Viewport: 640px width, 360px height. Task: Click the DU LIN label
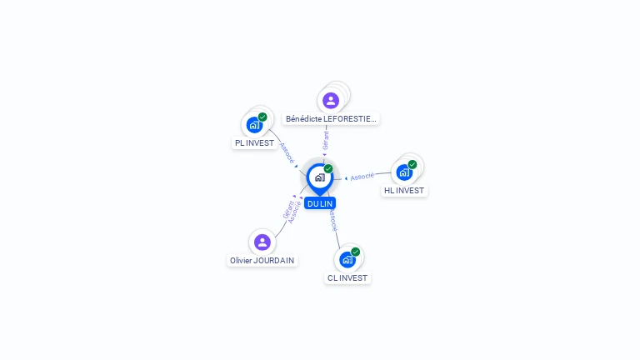(x=320, y=203)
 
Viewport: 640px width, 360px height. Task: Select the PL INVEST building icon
(x=254, y=125)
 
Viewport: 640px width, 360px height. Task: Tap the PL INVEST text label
(x=254, y=142)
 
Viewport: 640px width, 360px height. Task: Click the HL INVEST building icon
(x=404, y=172)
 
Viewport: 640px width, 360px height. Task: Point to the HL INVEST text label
(x=404, y=191)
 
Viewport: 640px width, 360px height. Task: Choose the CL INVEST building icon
(x=347, y=260)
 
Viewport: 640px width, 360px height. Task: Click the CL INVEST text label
(x=347, y=278)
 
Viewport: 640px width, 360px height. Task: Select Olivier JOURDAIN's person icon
(x=262, y=242)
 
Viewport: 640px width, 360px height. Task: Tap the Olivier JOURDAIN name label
(x=262, y=260)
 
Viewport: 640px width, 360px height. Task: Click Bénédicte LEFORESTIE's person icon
(x=331, y=100)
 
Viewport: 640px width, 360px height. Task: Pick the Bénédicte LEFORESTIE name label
(x=331, y=119)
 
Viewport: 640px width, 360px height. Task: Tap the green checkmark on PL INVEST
(x=262, y=117)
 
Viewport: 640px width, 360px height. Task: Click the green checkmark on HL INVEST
(x=412, y=164)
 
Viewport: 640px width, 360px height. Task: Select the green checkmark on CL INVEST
(x=356, y=252)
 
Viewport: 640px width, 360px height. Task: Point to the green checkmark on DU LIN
(x=328, y=168)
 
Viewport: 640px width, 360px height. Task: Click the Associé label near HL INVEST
(x=362, y=177)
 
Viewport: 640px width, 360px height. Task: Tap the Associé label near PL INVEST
(x=287, y=153)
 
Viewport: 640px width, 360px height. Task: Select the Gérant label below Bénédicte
(x=325, y=141)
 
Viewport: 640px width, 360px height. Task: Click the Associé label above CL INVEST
(x=333, y=220)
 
